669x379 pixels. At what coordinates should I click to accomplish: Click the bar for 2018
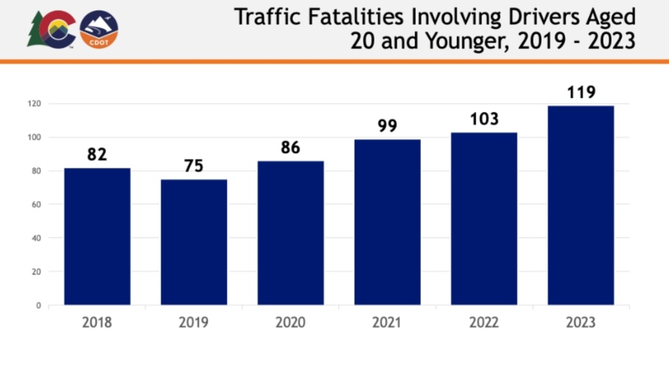point(97,236)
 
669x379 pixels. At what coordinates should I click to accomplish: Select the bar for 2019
point(194,242)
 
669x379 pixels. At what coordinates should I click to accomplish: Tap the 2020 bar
point(291,233)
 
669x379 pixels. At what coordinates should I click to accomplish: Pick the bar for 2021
point(387,222)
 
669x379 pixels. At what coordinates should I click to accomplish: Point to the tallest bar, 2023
point(581,205)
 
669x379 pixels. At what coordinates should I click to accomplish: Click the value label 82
point(97,155)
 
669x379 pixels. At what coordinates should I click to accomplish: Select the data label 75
point(194,166)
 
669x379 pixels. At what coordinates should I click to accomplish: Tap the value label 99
point(387,126)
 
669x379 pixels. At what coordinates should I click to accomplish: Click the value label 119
point(581,93)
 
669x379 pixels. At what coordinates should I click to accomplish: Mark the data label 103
point(484,119)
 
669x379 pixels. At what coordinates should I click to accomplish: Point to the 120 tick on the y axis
point(35,104)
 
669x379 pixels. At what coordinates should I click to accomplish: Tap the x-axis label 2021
point(387,322)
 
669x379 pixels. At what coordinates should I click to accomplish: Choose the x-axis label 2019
point(194,322)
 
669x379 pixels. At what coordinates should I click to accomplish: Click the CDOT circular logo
point(99,30)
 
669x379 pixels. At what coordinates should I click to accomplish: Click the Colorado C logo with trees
point(52,30)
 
